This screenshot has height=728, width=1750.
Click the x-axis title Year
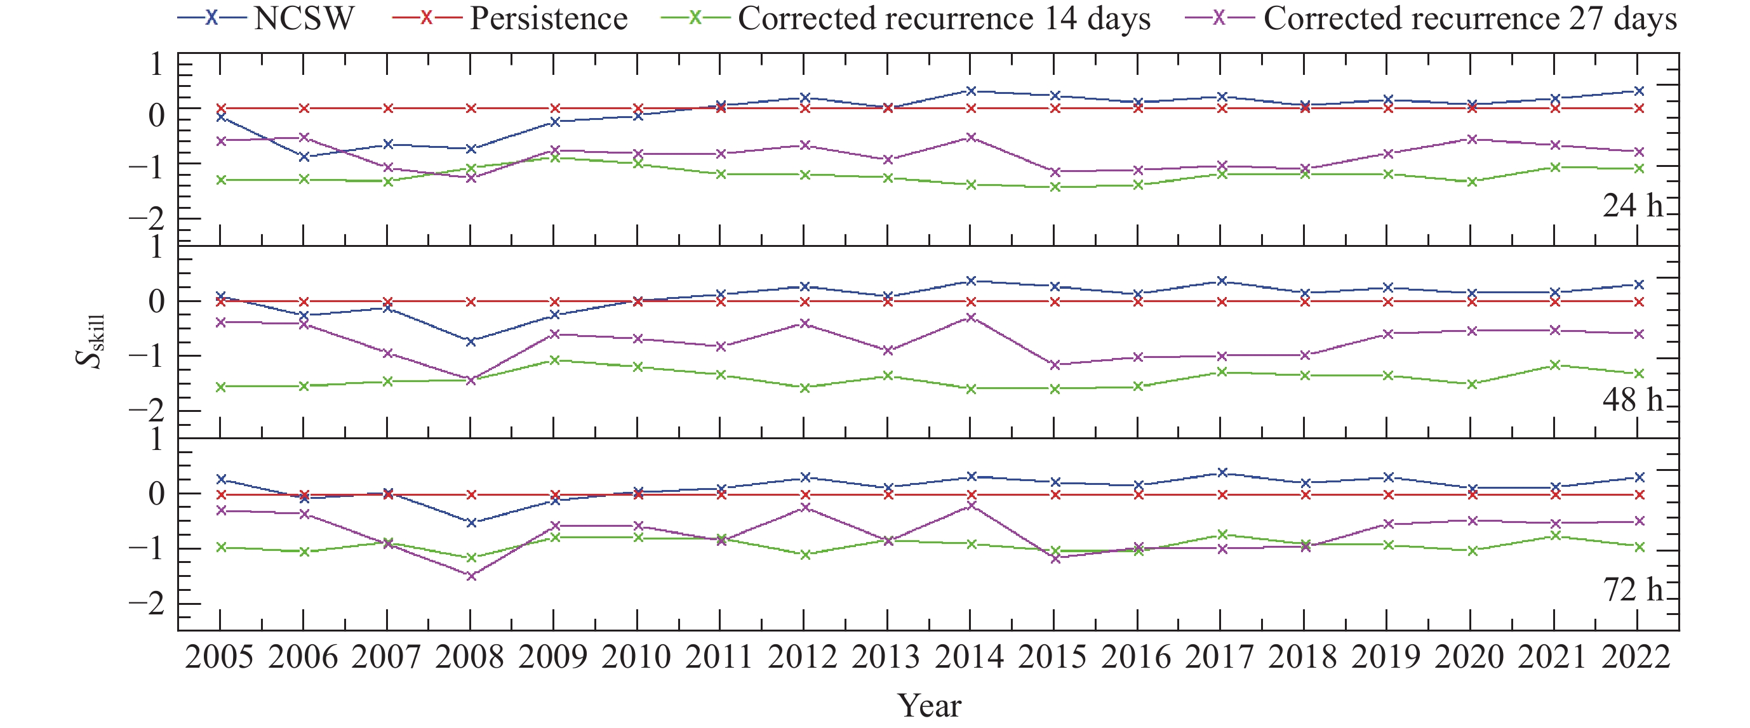(x=930, y=706)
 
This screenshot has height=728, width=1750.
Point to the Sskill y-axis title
(x=90, y=341)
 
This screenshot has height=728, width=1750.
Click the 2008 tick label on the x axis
(x=470, y=658)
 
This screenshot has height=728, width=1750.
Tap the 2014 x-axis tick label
(x=970, y=658)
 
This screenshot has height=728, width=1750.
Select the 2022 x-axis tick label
(x=1636, y=658)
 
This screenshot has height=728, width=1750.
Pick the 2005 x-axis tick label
(x=220, y=658)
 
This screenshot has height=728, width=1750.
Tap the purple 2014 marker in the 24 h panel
(x=972, y=137)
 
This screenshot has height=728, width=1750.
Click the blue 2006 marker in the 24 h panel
(x=304, y=157)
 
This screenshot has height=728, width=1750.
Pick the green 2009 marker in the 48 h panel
(x=555, y=360)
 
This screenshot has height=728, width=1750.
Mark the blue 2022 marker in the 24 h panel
(x=1640, y=91)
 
